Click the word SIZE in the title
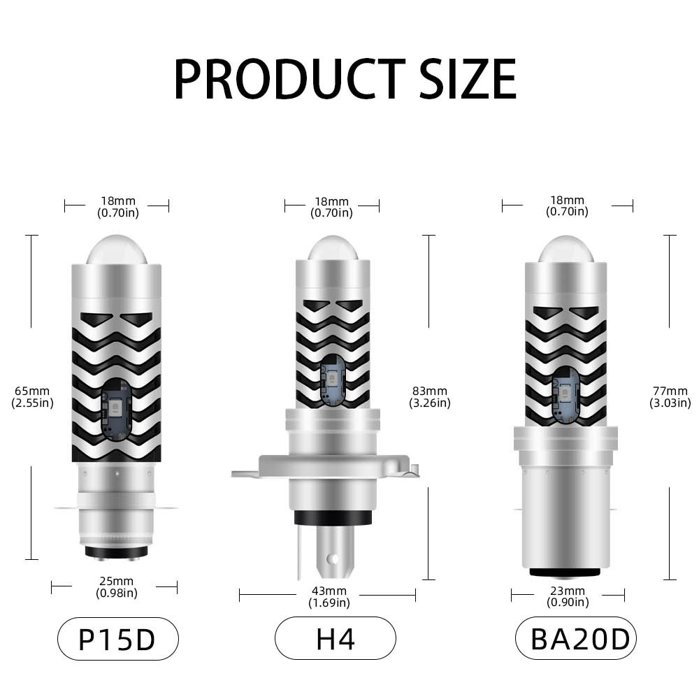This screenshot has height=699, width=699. click(x=466, y=78)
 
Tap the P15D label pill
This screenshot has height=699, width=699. click(x=117, y=639)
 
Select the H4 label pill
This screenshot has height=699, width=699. click(x=336, y=639)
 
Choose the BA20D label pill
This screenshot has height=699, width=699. click(x=576, y=639)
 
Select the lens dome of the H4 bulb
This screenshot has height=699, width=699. click(x=331, y=248)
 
